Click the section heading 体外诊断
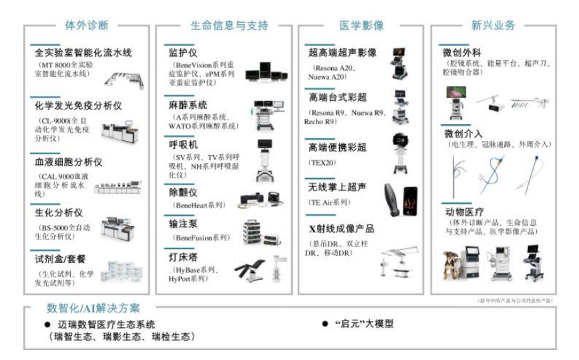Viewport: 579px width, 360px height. (x=86, y=26)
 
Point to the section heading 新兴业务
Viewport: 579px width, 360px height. (x=494, y=26)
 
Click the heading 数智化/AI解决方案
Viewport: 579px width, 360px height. (x=93, y=309)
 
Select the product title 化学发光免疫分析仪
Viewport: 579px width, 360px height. (x=79, y=106)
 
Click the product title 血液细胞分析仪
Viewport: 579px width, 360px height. (x=68, y=162)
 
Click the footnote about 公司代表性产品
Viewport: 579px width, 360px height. (x=516, y=300)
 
